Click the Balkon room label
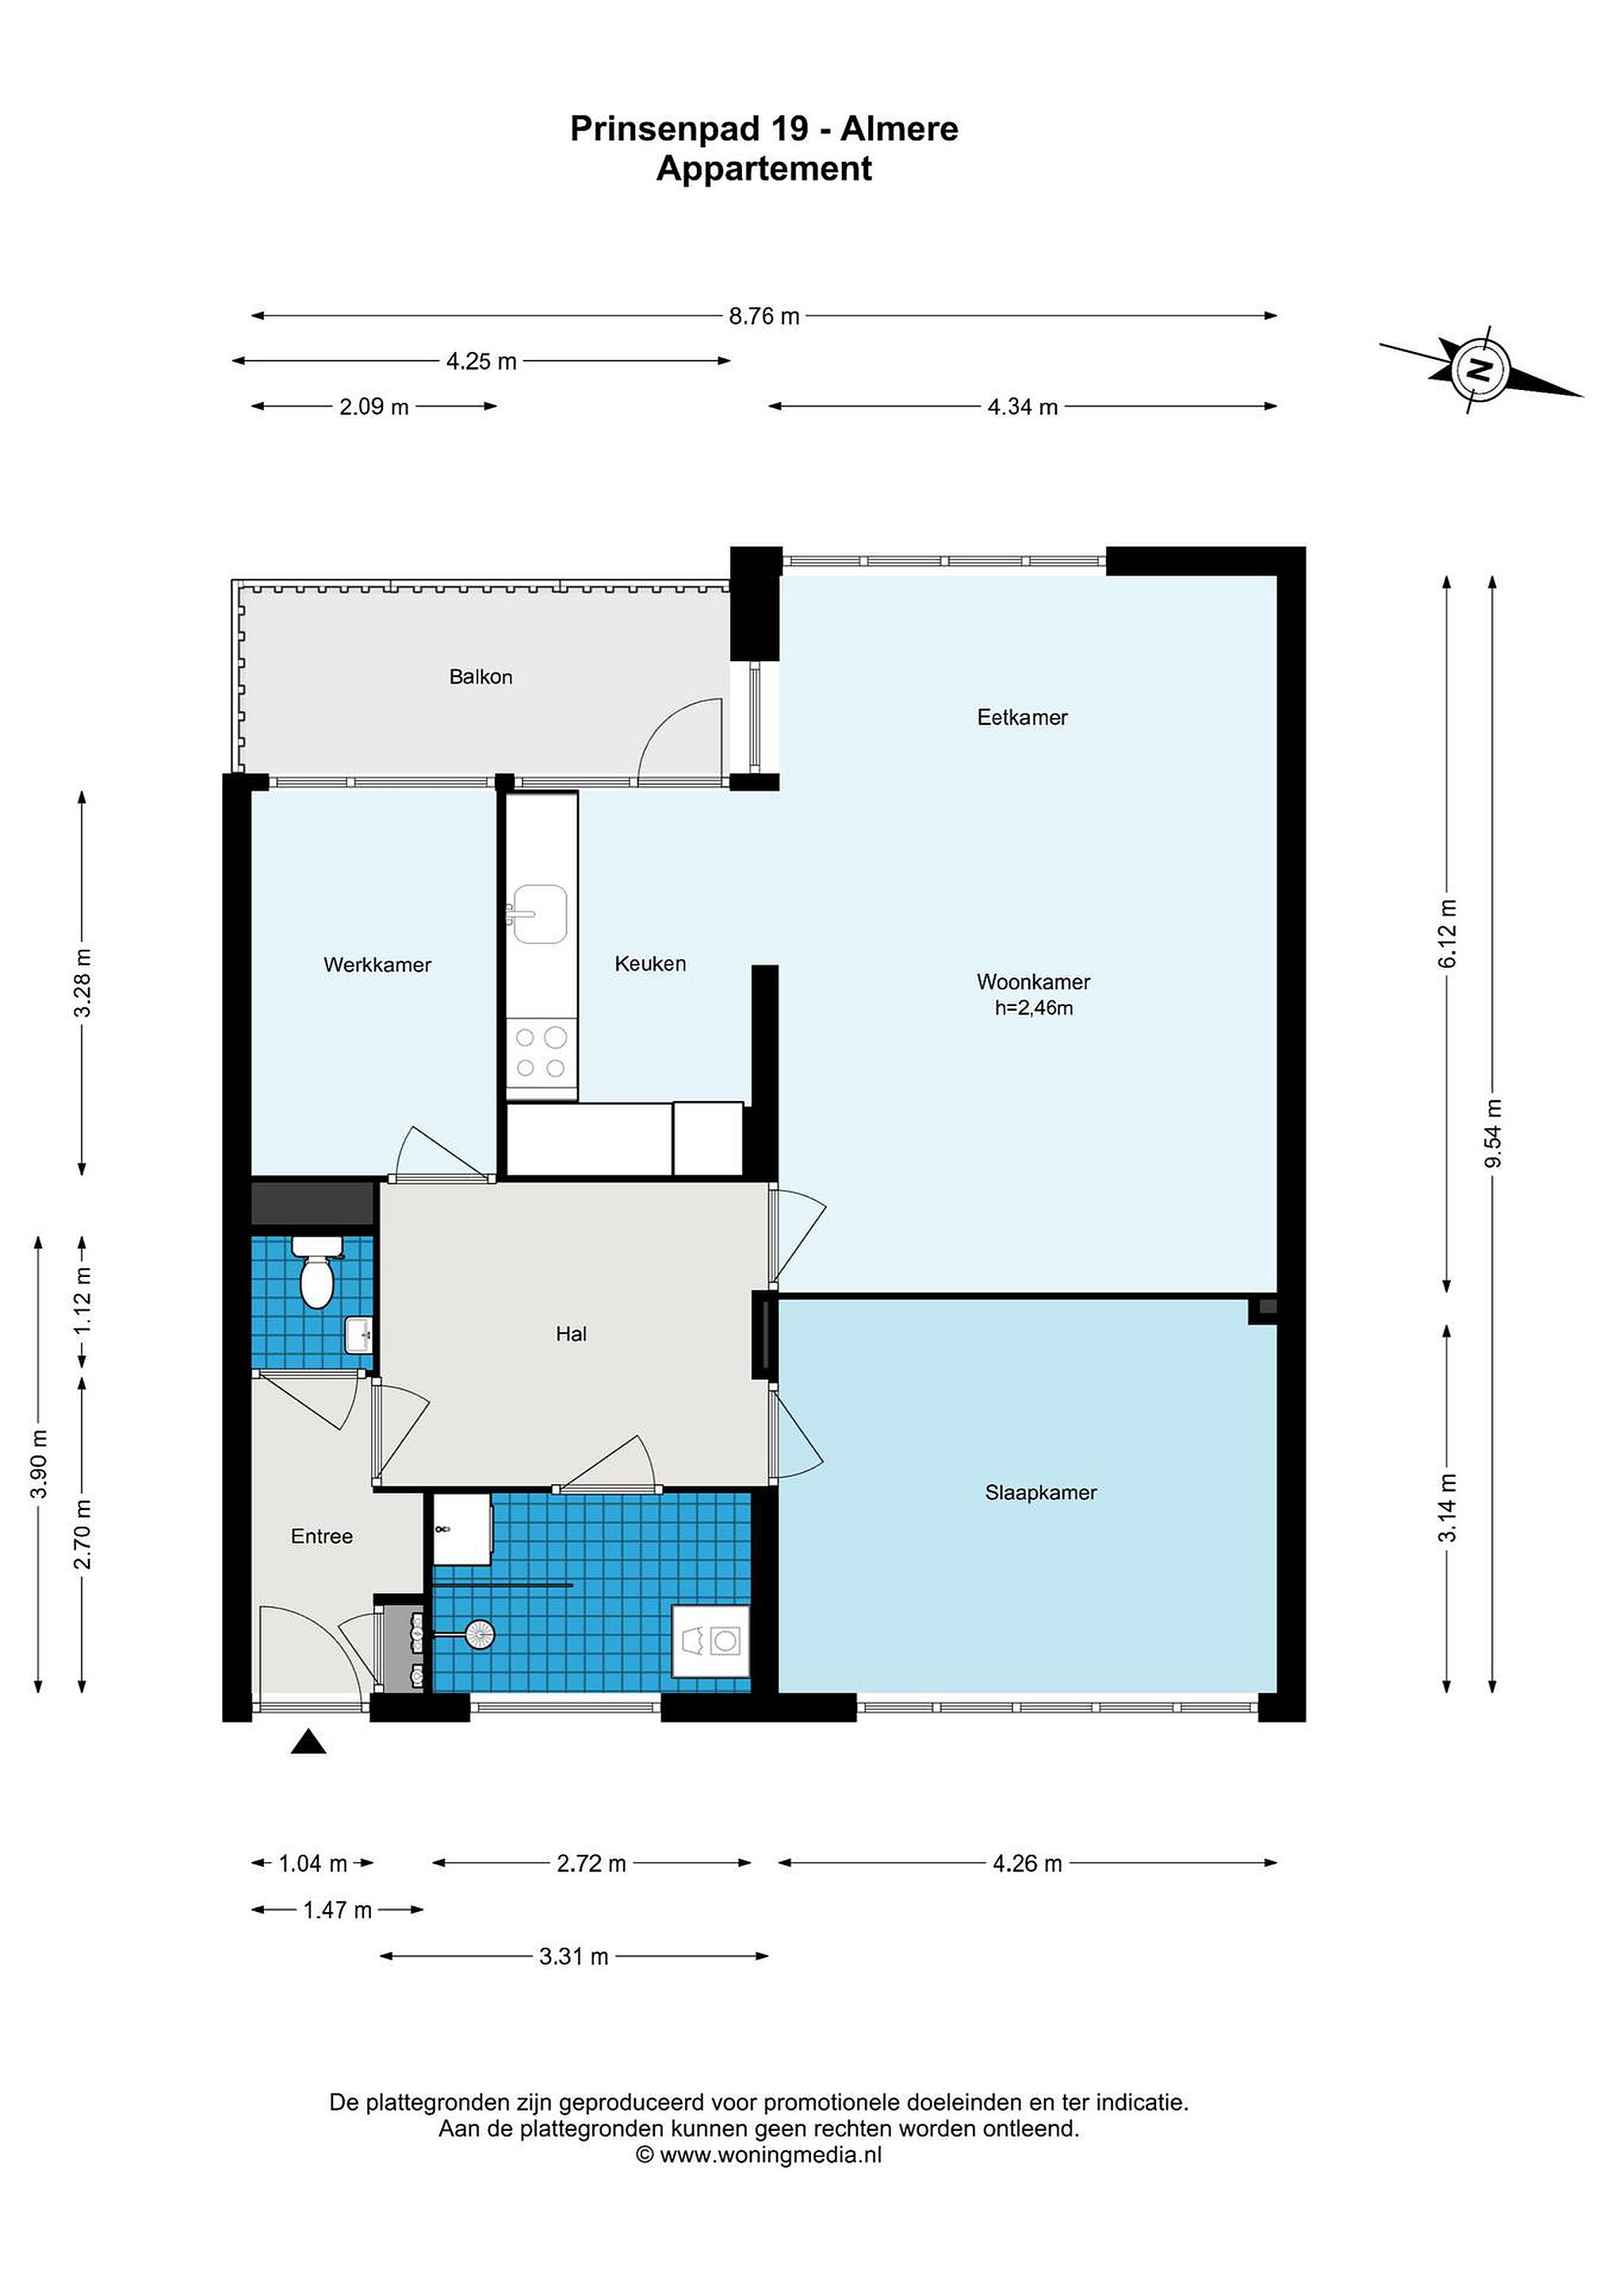[480, 677]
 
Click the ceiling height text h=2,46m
[1034, 1008]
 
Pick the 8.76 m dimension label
[763, 316]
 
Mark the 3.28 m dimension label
[82, 982]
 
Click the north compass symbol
[1481, 371]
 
